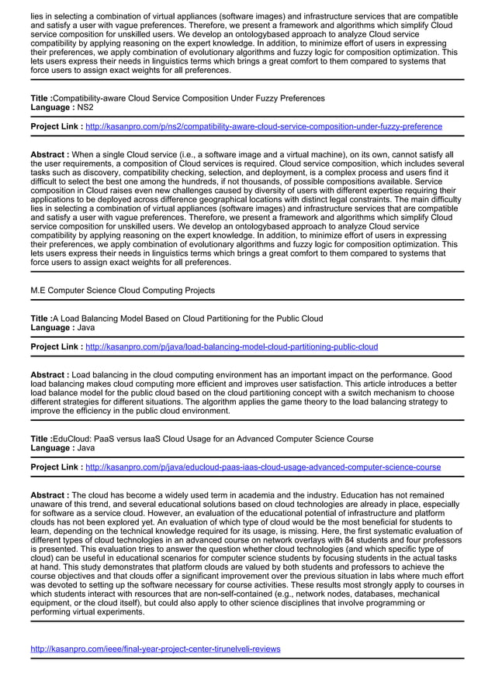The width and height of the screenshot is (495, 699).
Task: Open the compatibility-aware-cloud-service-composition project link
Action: pos(263,126)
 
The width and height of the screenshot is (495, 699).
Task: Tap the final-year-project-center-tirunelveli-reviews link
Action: pos(155,649)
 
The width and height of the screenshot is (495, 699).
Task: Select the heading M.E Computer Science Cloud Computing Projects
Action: pos(123,291)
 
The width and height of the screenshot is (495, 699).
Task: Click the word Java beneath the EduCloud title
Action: pos(86,448)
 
